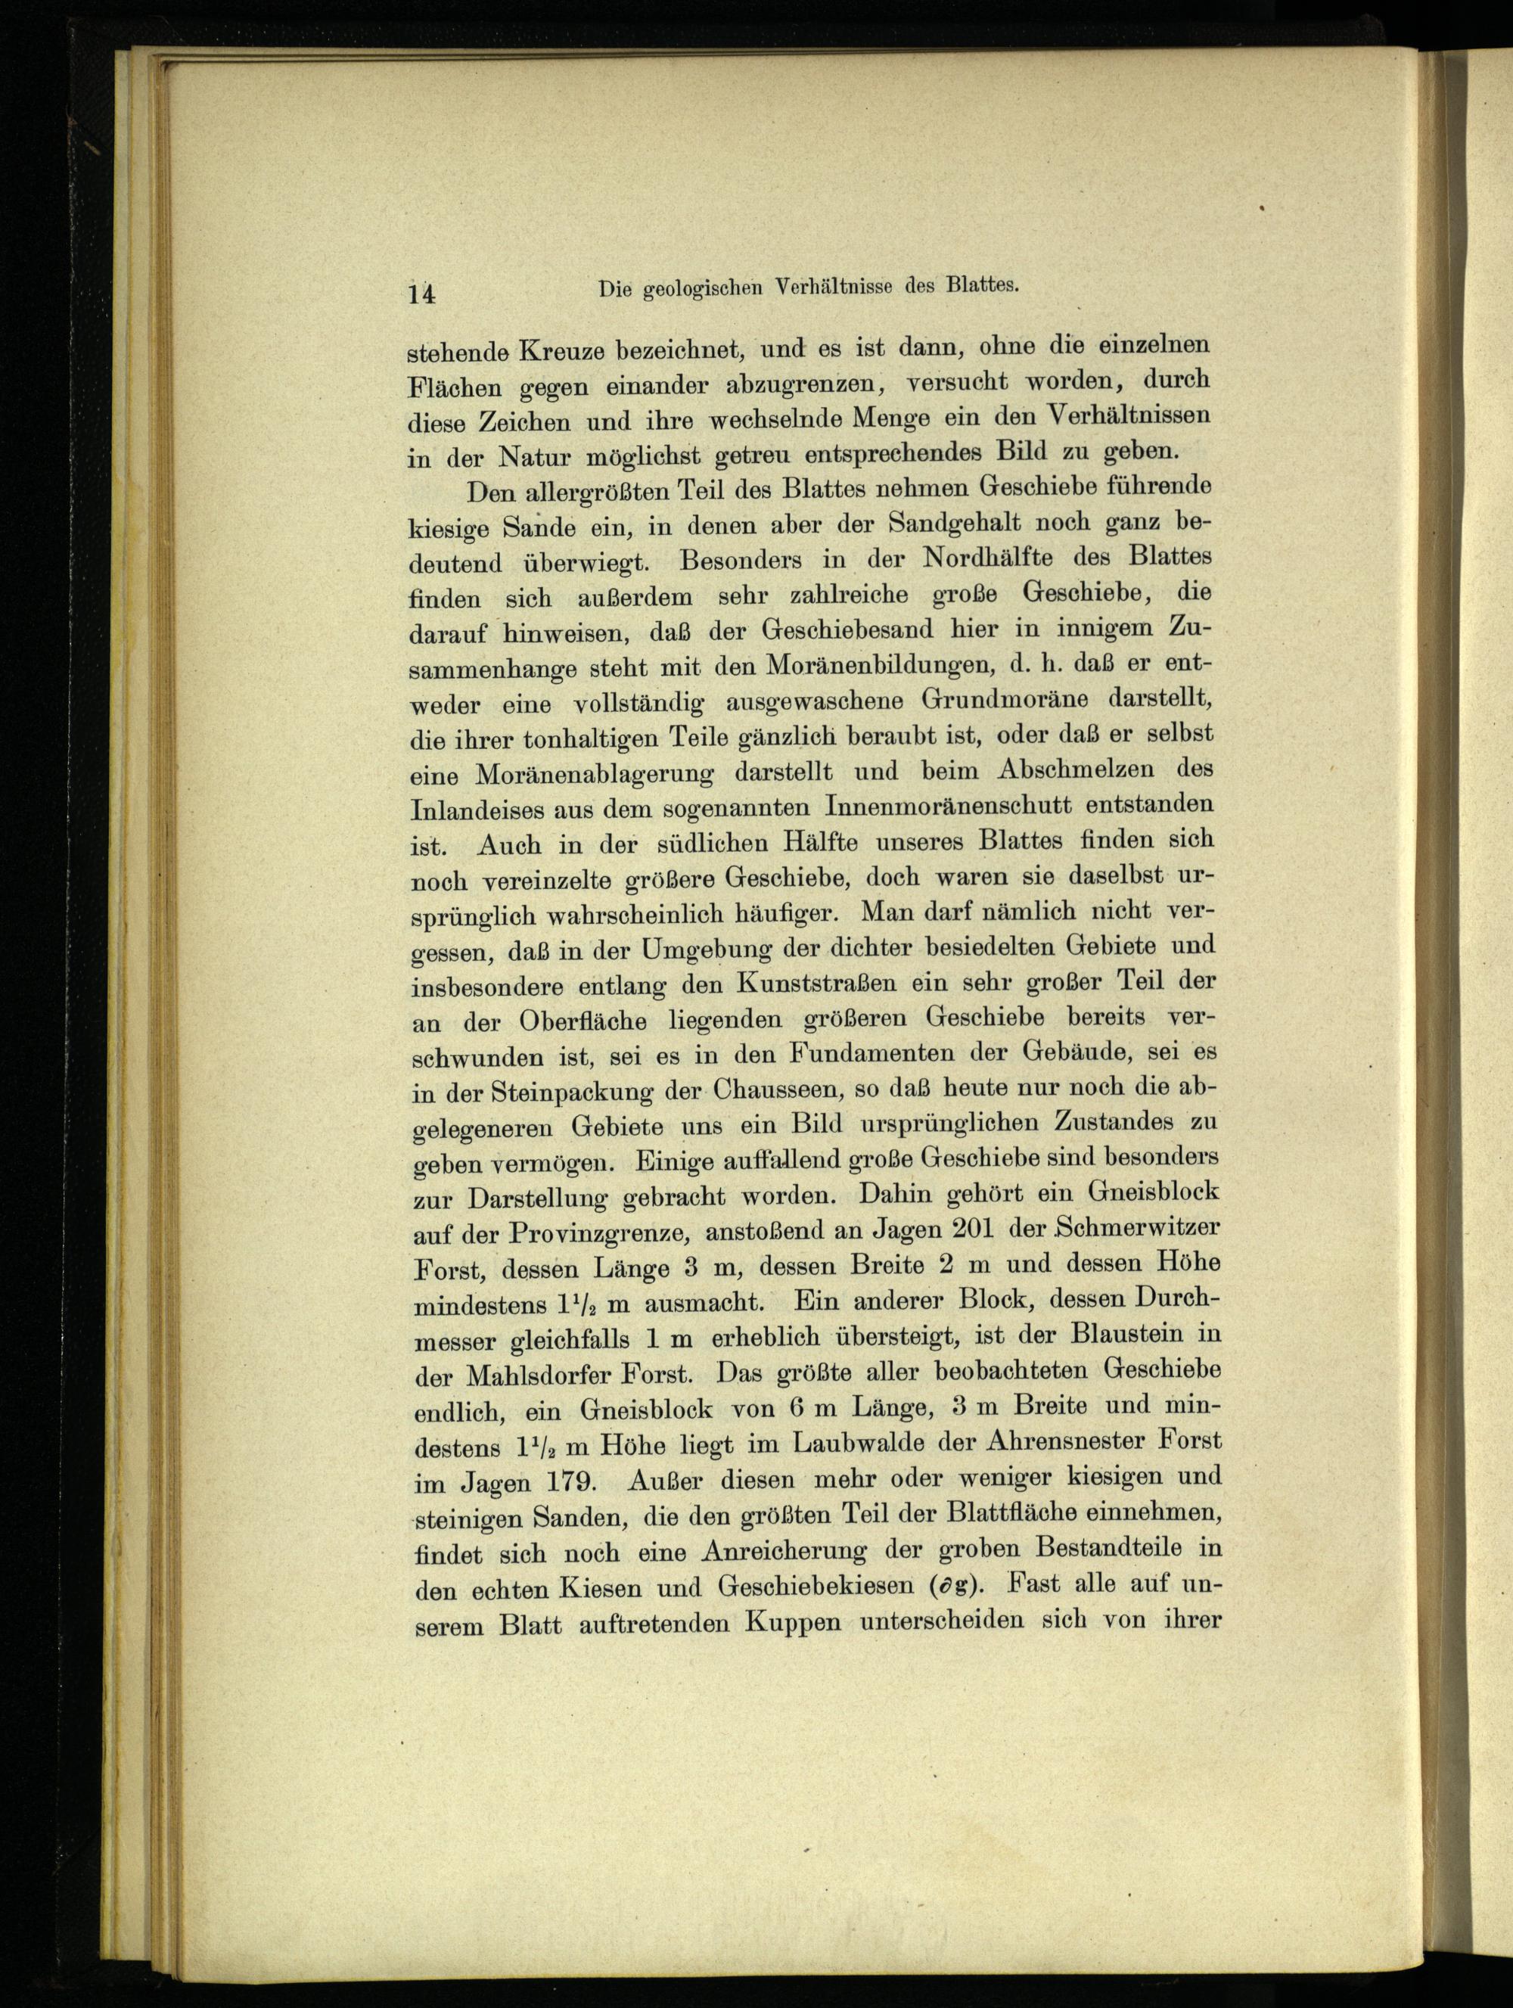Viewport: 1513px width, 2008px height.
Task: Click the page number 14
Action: click(x=423, y=294)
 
